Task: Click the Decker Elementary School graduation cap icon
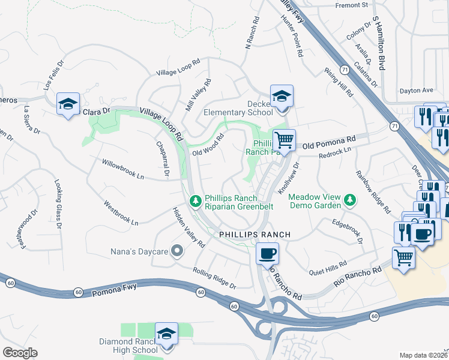point(281,96)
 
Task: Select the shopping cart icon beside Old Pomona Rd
point(284,140)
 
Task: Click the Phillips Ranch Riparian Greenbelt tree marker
point(195,201)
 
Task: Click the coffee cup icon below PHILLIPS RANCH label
point(267,253)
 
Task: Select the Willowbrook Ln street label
point(123,170)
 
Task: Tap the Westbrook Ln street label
point(121,213)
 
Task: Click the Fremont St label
point(351,5)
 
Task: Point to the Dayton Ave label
point(416,91)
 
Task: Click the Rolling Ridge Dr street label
point(215,277)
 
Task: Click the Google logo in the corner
point(20,352)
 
